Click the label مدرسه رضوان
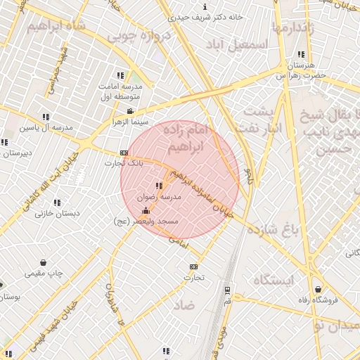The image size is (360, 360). click(162, 198)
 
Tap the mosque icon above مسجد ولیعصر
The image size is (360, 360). click(146, 211)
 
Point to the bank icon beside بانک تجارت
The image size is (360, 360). click(124, 153)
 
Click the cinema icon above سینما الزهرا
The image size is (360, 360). click(129, 111)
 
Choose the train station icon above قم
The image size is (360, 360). click(226, 289)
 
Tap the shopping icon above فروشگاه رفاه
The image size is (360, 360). click(319, 288)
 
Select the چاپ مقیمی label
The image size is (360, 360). click(45, 273)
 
